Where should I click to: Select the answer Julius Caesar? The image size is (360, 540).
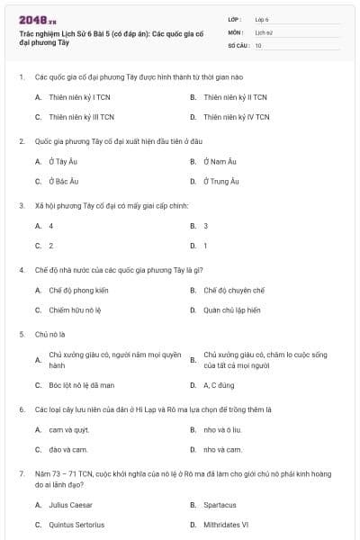pos(70,505)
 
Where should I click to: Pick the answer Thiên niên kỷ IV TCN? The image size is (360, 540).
pos(236,116)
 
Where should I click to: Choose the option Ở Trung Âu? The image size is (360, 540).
pos(221,181)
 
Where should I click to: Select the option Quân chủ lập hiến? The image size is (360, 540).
pos(232,310)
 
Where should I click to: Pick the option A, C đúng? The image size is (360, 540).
pos(219,384)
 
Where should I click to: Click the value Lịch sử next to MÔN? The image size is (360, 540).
pos(263,31)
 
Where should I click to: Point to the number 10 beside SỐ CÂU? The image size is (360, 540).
pos(258,44)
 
